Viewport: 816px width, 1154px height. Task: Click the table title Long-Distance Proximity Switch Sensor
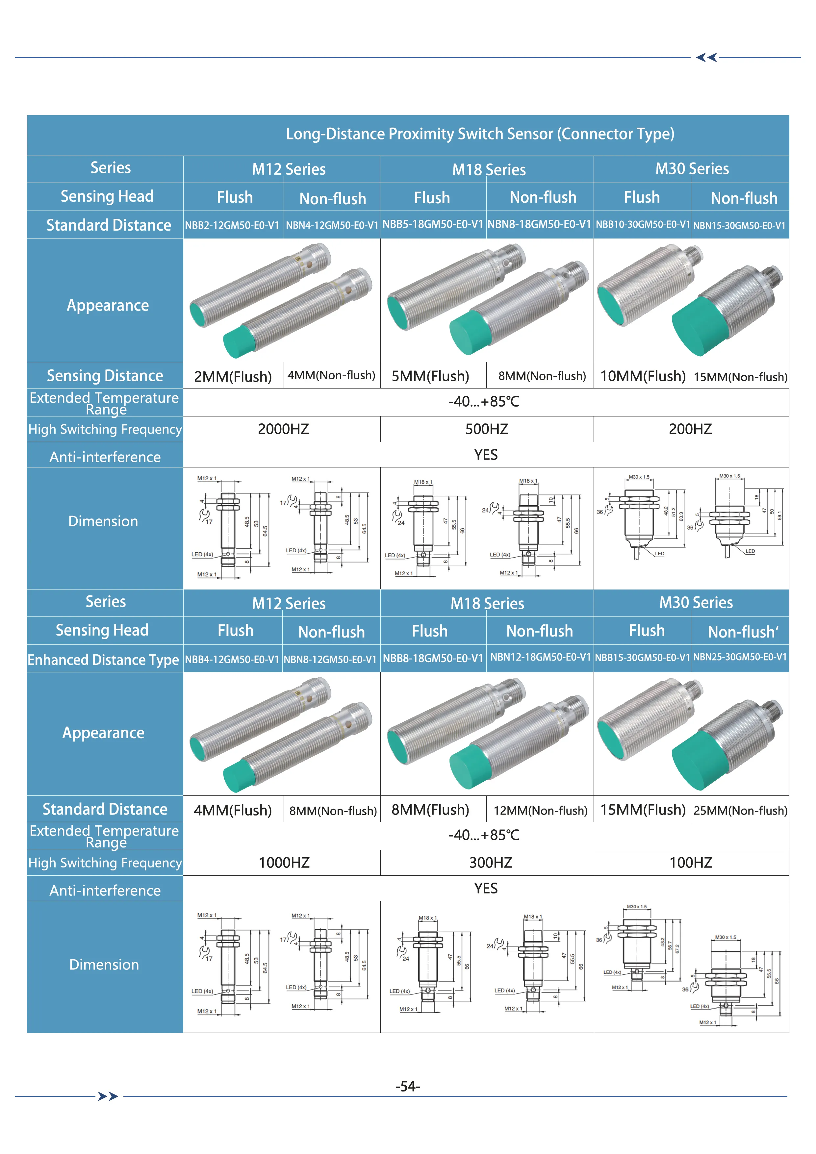tap(480, 134)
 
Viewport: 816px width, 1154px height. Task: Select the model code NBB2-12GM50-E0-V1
tap(232, 225)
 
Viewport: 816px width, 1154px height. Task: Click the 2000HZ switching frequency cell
tap(283, 429)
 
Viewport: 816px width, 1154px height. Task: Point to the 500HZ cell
tap(487, 429)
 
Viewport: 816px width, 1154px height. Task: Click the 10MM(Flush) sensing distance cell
tap(643, 376)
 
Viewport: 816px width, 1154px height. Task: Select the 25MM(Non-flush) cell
tap(740, 810)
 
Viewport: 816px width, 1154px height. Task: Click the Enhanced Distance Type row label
tap(103, 660)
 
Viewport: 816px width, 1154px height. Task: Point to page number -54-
tap(407, 1087)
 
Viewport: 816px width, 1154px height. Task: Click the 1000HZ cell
tap(284, 863)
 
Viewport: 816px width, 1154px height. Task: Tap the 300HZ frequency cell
tap(491, 863)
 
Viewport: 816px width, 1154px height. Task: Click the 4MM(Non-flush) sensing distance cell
tap(331, 375)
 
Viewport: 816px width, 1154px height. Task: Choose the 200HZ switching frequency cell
tap(690, 429)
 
